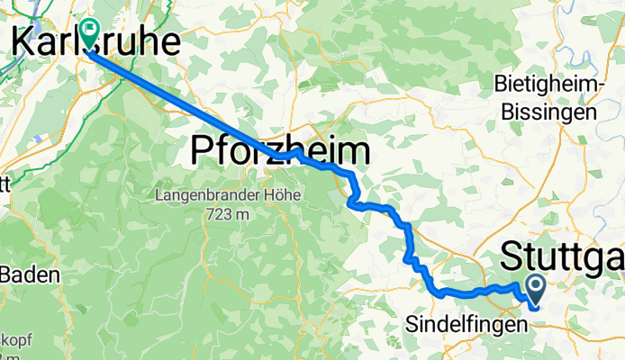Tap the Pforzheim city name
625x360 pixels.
pyautogui.click(x=280, y=151)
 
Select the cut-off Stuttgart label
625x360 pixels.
pyautogui.click(x=562, y=256)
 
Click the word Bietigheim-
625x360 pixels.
pyautogui.click(x=548, y=85)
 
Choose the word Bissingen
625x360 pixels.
pyautogui.click(x=548, y=112)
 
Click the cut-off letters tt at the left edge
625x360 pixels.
pyautogui.click(x=5, y=187)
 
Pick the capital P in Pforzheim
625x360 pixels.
pyautogui.click(x=202, y=151)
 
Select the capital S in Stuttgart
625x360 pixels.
pyautogui.click(x=512, y=256)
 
